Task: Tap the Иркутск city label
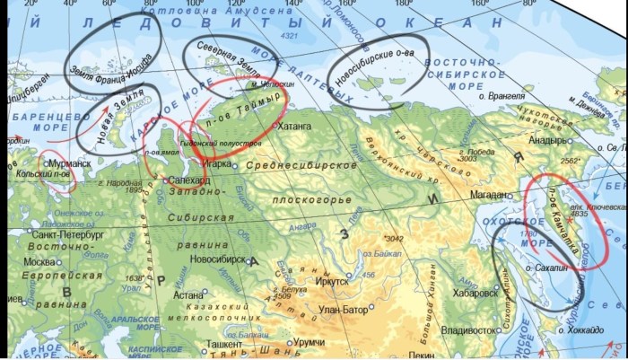pos(333,281)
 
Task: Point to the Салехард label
pos(189,181)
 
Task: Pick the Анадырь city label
pos(546,140)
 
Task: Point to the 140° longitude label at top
pos(292,4)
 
